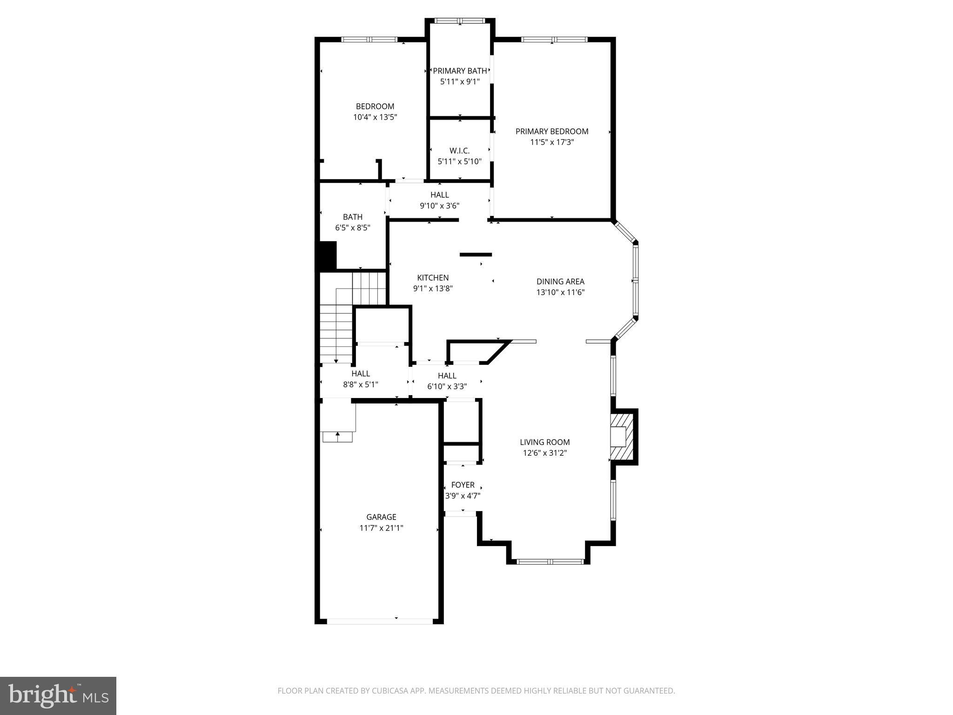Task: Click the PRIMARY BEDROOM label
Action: pos(551,132)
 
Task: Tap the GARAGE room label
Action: pos(381,517)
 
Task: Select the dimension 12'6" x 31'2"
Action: pos(544,453)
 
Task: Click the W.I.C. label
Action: pos(459,151)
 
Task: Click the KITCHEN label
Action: pos(433,278)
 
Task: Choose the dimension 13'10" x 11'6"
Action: pos(560,292)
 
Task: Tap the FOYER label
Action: pos(463,485)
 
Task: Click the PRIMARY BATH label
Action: pos(460,71)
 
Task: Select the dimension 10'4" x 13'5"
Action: pos(375,117)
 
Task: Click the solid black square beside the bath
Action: pos(328,255)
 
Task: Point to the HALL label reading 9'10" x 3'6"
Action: pos(439,195)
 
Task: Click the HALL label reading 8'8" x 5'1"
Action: pos(361,374)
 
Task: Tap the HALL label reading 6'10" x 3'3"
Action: pos(447,376)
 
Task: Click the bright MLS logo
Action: pos(58,695)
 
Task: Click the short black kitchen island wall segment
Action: pos(476,255)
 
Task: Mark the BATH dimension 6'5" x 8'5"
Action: pos(352,228)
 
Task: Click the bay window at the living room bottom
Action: pos(550,561)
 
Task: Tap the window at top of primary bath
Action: pos(460,21)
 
